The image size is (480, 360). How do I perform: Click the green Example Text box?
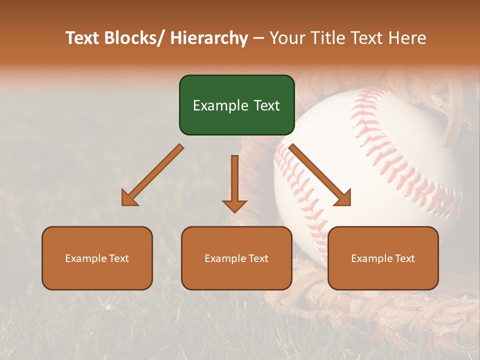(236, 105)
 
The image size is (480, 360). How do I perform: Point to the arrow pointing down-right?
(320, 175)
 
